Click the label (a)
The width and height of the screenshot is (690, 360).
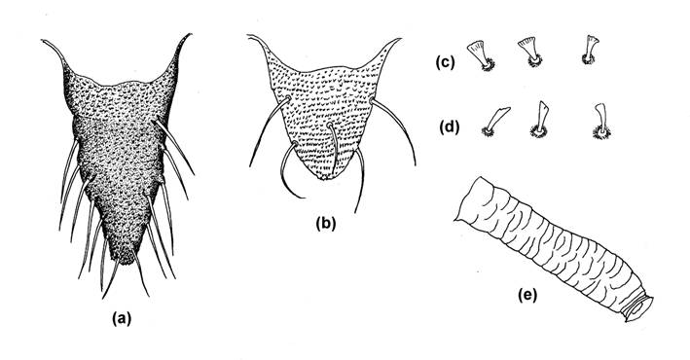122,318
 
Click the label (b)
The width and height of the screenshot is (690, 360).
326,224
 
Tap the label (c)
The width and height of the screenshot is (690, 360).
445,62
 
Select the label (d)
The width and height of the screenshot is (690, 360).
450,127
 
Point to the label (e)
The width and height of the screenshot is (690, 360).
527,296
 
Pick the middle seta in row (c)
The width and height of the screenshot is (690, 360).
529,52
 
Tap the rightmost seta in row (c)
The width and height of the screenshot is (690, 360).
591,50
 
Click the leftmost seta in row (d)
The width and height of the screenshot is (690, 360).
495,122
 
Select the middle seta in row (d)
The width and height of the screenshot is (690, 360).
540,120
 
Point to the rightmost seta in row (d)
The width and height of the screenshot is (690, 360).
601,122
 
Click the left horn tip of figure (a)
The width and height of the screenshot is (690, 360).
43,41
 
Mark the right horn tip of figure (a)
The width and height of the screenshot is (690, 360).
191,34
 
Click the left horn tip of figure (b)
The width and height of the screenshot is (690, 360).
248,36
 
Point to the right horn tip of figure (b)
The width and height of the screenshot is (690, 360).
400,39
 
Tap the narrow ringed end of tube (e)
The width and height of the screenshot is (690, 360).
638,309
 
